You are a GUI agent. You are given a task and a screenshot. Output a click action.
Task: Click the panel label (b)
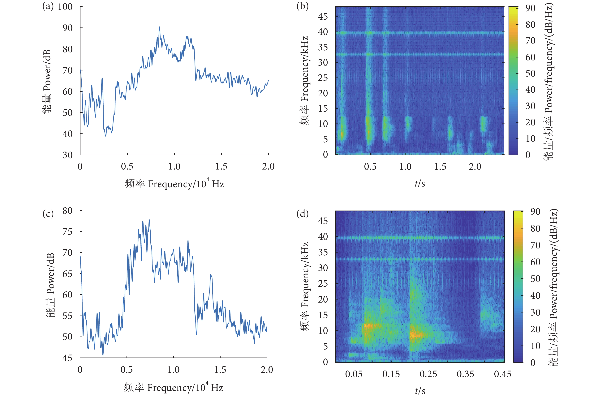(302, 6)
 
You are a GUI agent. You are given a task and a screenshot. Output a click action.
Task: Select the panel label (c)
(48, 214)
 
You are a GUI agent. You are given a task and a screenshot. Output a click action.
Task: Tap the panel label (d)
(302, 214)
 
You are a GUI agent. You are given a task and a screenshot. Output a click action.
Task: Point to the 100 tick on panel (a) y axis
(65, 7)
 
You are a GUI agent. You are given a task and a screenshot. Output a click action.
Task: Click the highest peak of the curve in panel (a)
(159, 27)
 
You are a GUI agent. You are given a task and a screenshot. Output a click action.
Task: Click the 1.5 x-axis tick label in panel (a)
(221, 166)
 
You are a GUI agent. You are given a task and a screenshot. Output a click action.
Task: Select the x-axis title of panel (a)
(174, 183)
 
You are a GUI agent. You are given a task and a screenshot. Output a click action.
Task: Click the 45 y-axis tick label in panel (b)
(323, 17)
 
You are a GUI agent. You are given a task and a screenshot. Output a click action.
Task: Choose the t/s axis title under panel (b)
(420, 183)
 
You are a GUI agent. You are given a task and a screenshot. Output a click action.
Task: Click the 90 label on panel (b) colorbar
(531, 8)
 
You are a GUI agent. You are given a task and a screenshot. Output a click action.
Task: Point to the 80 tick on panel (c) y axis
(67, 211)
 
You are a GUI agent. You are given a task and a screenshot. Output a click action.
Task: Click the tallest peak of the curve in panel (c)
(149, 220)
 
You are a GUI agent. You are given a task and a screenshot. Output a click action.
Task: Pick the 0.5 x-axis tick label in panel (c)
(127, 370)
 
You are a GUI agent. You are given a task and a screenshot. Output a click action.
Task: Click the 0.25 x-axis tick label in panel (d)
(428, 374)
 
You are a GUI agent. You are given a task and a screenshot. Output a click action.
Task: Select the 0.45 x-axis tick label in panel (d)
(503, 374)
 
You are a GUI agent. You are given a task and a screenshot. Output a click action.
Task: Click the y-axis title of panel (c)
(50, 285)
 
